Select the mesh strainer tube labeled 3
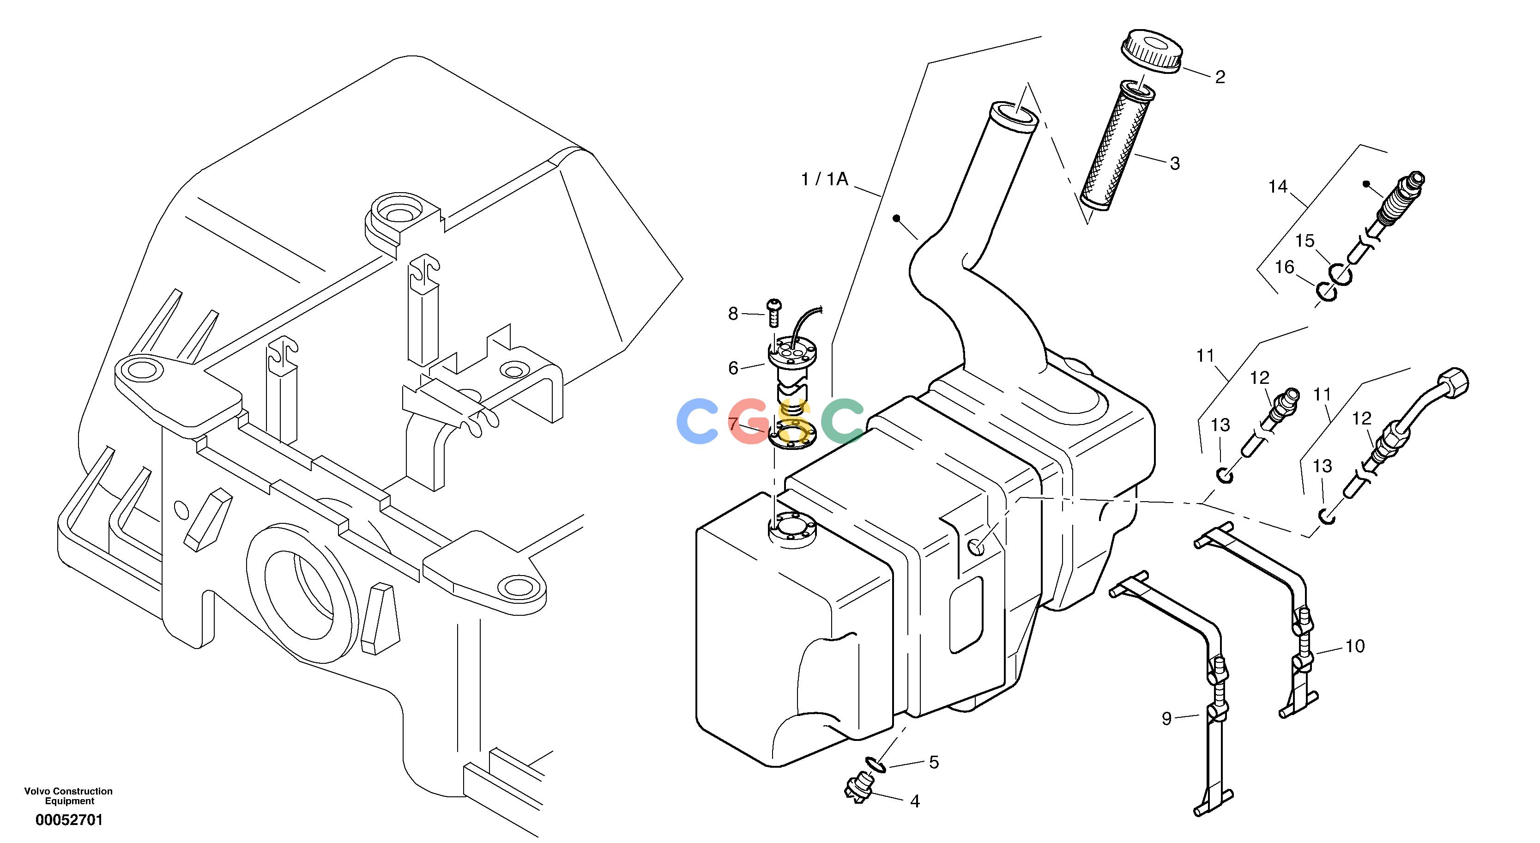point(1117,146)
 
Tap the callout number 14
point(1278,187)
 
